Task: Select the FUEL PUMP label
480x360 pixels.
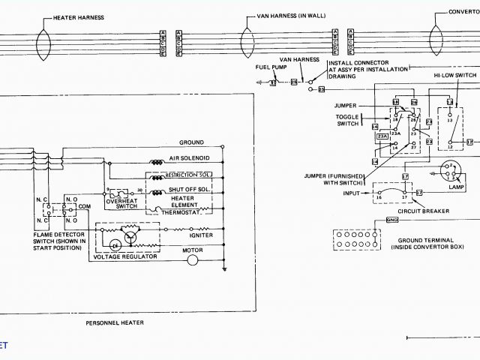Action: pyautogui.click(x=270, y=67)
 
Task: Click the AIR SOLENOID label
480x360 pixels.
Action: pyautogui.click(x=188, y=158)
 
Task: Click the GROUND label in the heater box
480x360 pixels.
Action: pyautogui.click(x=191, y=142)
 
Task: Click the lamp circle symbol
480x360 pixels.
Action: pyautogui.click(x=449, y=171)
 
